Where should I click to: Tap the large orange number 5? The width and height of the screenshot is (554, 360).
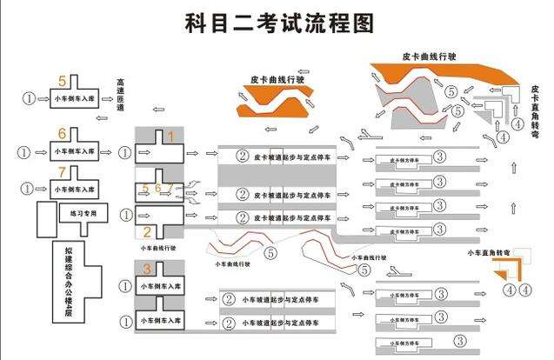click(x=62, y=80)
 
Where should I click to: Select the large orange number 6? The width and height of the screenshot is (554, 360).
click(x=62, y=132)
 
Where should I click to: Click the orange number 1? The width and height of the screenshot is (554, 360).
click(x=170, y=137)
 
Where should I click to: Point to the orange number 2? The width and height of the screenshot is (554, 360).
click(x=147, y=231)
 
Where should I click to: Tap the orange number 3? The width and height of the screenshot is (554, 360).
click(x=147, y=268)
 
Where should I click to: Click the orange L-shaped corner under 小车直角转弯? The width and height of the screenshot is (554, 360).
click(x=502, y=270)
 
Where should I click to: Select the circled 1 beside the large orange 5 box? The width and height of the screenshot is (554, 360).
click(x=30, y=98)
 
